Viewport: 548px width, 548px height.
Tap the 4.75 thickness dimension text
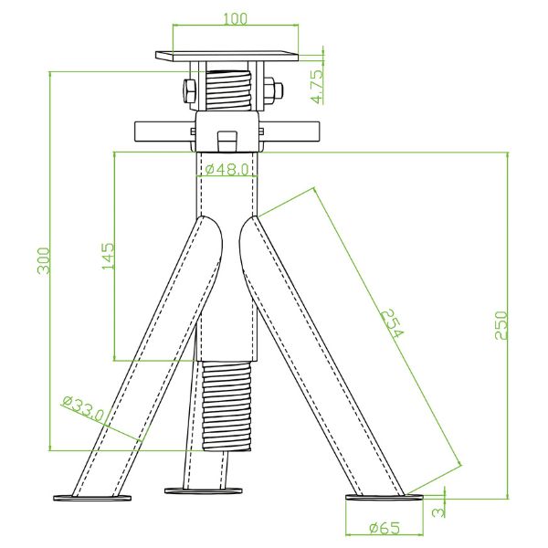(x=316, y=84)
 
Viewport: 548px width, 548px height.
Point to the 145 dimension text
(x=108, y=256)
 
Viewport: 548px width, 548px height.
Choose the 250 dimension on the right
(x=501, y=326)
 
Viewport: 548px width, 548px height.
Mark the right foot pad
(x=384, y=498)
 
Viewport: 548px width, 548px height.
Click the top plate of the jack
(x=227, y=56)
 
